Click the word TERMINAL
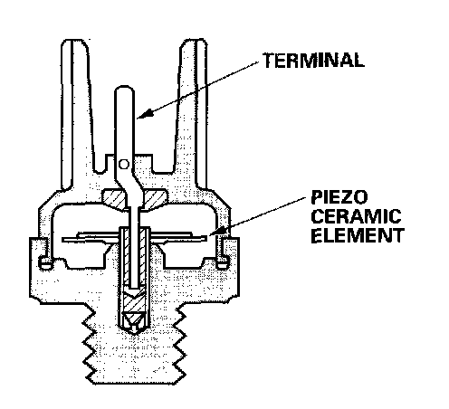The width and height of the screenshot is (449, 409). tap(313, 61)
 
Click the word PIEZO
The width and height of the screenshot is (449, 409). tap(339, 197)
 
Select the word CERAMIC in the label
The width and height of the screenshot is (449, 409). tap(356, 216)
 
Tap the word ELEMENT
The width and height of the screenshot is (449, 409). tap(358, 235)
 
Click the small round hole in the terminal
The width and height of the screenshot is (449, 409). tap(124, 164)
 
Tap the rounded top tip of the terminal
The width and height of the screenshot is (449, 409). tap(124, 87)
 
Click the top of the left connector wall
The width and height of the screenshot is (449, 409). tap(74, 41)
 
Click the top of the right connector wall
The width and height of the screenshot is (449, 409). tap(194, 41)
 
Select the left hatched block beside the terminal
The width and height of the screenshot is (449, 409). tap(113, 199)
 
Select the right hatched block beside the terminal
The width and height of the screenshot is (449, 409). tap(154, 199)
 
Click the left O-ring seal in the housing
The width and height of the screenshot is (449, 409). tap(46, 262)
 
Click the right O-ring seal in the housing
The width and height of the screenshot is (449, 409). tap(223, 262)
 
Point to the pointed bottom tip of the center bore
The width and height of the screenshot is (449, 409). tap(134, 333)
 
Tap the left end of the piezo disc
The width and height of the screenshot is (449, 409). tap(63, 240)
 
